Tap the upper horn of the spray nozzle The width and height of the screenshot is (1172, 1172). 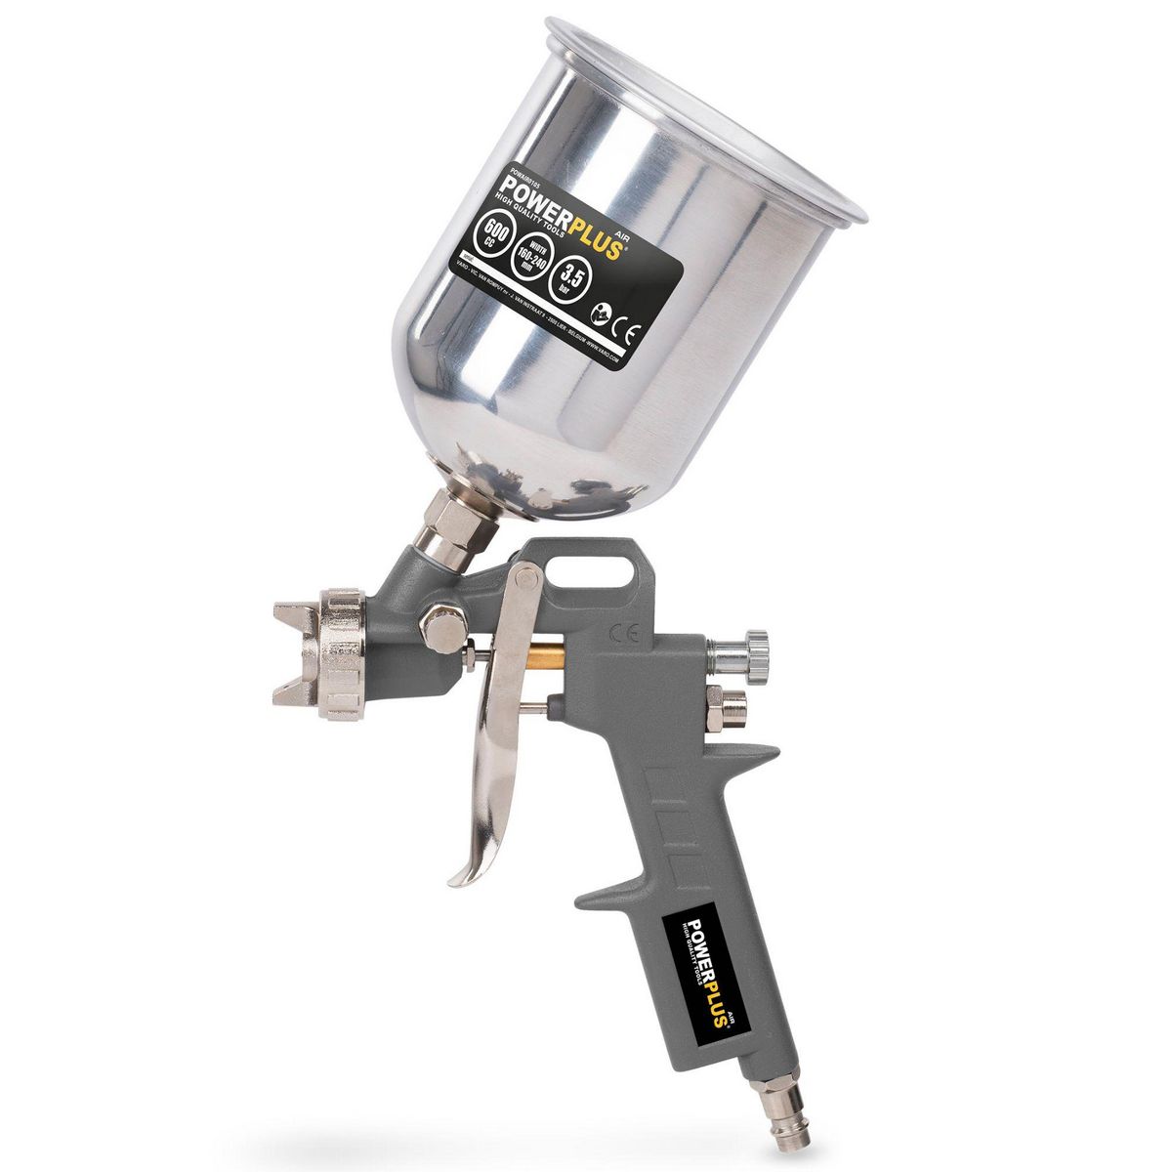[292, 616]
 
